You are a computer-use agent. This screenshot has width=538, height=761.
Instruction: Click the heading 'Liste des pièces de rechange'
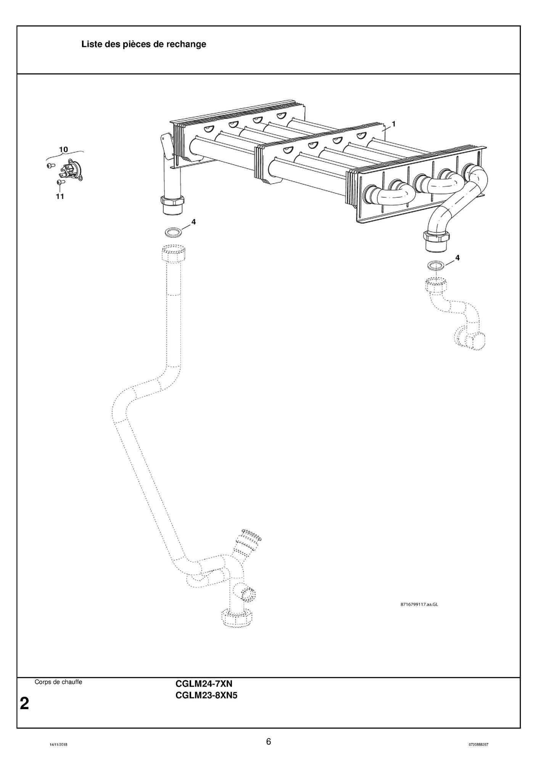click(143, 44)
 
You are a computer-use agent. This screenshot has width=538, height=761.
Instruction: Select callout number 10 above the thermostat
click(63, 149)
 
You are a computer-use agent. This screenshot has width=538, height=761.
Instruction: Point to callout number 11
click(60, 197)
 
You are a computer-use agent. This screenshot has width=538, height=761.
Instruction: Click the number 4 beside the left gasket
click(193, 222)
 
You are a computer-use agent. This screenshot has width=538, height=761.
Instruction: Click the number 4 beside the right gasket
click(457, 258)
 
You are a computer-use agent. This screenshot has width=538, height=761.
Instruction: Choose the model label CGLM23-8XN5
click(206, 695)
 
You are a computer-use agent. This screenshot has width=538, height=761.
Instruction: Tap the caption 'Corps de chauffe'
click(58, 682)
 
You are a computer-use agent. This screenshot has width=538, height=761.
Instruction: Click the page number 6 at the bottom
click(269, 742)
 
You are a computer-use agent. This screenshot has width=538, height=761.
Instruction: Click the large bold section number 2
click(24, 703)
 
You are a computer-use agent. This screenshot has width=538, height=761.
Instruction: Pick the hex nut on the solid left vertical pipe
click(173, 200)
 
